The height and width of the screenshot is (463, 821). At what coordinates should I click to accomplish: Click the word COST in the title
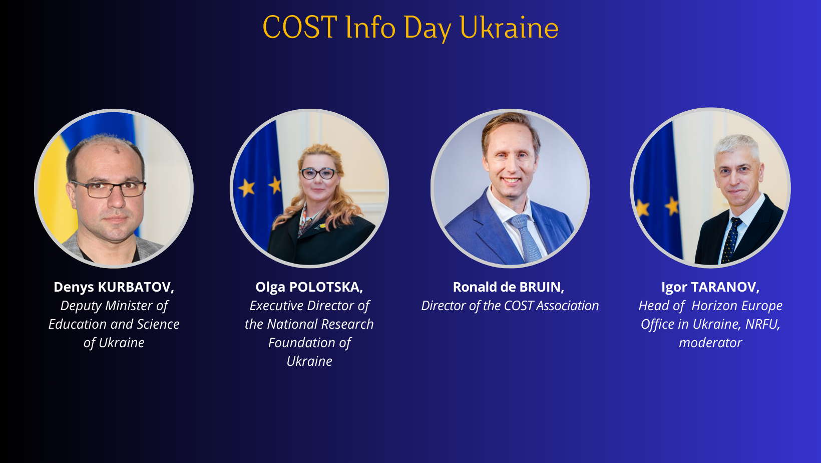(x=299, y=27)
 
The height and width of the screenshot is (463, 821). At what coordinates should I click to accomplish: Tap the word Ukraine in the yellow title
(x=509, y=27)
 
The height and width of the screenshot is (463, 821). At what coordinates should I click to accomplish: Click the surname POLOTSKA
(x=326, y=287)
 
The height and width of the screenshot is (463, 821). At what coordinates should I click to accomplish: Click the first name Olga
(x=270, y=288)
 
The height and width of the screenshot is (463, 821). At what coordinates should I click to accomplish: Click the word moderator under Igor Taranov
(x=710, y=343)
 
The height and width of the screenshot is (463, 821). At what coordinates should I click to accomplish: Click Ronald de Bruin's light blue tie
(x=526, y=237)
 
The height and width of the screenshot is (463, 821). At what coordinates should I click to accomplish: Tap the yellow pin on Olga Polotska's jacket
(x=322, y=226)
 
